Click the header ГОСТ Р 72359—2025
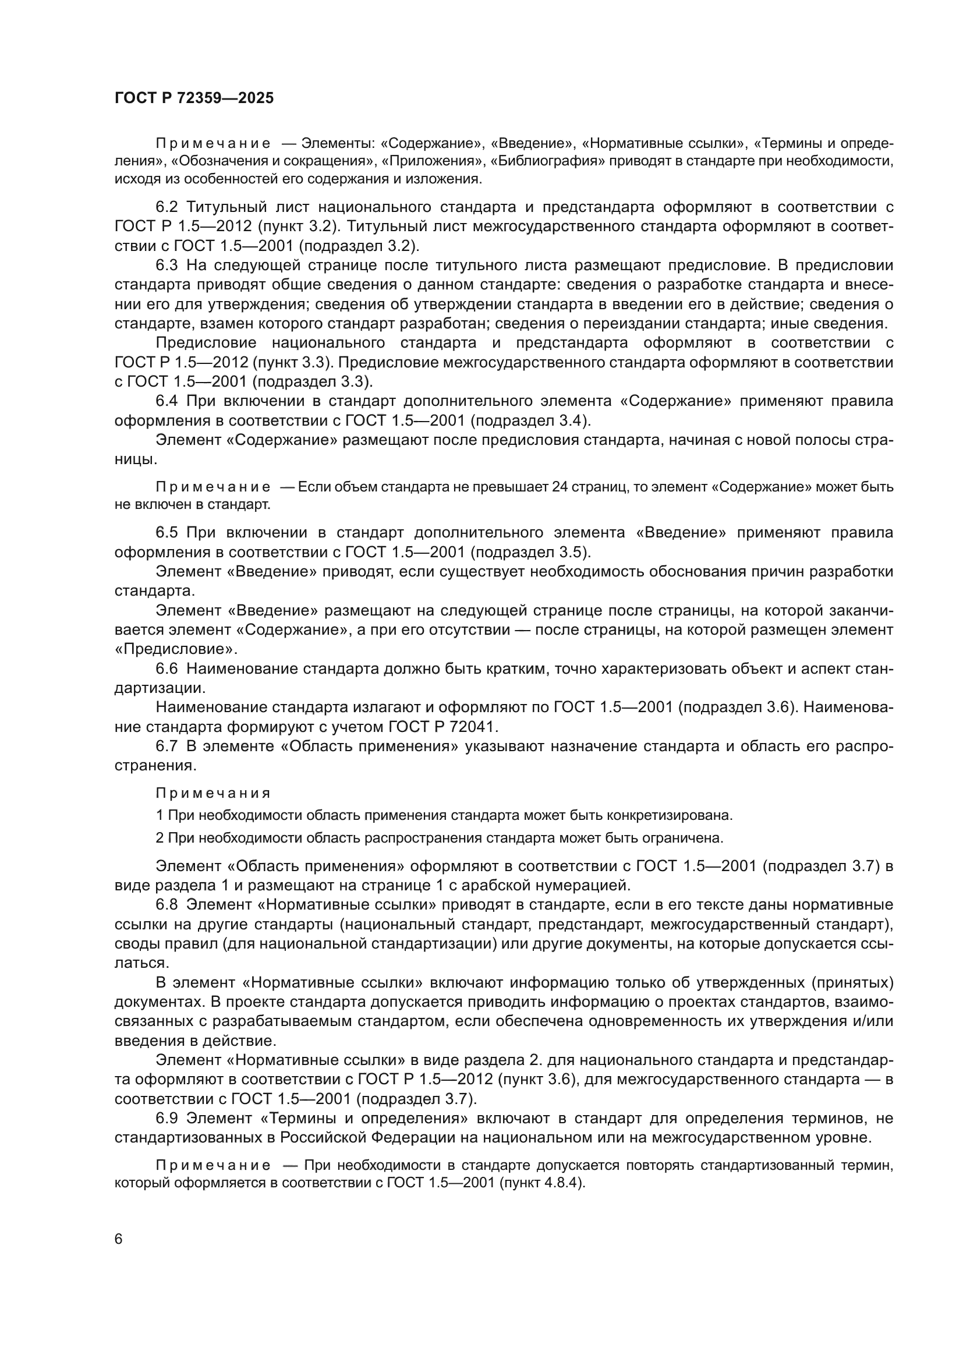(x=194, y=98)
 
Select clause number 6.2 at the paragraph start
(x=167, y=207)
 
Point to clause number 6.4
(x=167, y=401)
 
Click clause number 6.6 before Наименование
(x=167, y=668)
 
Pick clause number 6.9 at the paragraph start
(x=167, y=1118)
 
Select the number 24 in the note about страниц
(x=560, y=487)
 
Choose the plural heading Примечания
(x=213, y=793)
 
